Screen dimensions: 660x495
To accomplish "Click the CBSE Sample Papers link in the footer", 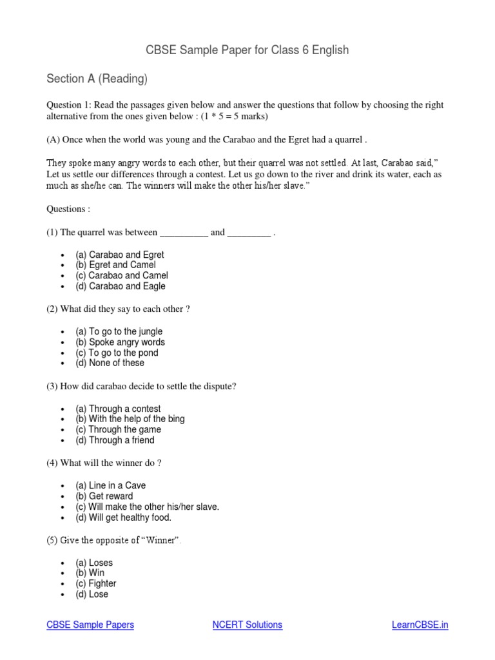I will (x=90, y=625).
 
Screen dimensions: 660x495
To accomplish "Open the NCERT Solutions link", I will (x=247, y=625).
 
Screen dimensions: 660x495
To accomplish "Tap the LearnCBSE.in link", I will (x=420, y=625).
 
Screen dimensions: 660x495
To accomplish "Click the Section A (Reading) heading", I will (x=97, y=79).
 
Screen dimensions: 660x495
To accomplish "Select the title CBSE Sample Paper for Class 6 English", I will (x=247, y=50).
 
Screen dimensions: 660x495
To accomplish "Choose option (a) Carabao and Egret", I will (x=120, y=255).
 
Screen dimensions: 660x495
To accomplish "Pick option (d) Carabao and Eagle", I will (x=121, y=286).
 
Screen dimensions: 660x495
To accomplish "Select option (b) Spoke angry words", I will (x=120, y=342).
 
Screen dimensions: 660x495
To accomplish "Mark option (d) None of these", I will (x=110, y=363).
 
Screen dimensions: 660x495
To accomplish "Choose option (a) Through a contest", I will (x=118, y=409).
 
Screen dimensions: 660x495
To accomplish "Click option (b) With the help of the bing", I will (x=130, y=419).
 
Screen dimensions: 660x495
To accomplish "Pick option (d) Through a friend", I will (x=115, y=440).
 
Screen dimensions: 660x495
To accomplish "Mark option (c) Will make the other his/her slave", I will (x=147, y=507).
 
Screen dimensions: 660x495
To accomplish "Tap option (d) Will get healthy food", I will (x=123, y=518).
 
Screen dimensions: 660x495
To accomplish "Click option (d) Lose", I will (x=92, y=594).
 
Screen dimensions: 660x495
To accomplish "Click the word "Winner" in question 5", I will (x=158, y=541).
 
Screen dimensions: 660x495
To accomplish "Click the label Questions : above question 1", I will (x=68, y=209).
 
